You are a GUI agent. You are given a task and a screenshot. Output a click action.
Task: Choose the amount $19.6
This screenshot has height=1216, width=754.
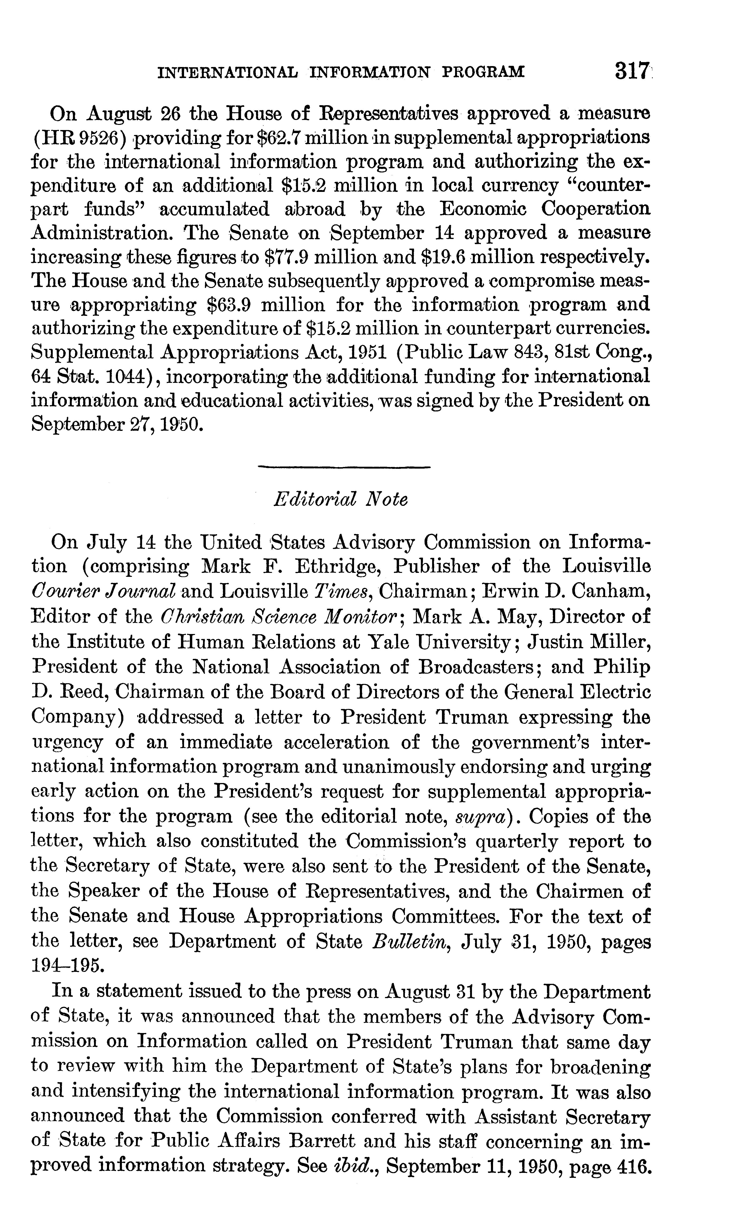[443, 257]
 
